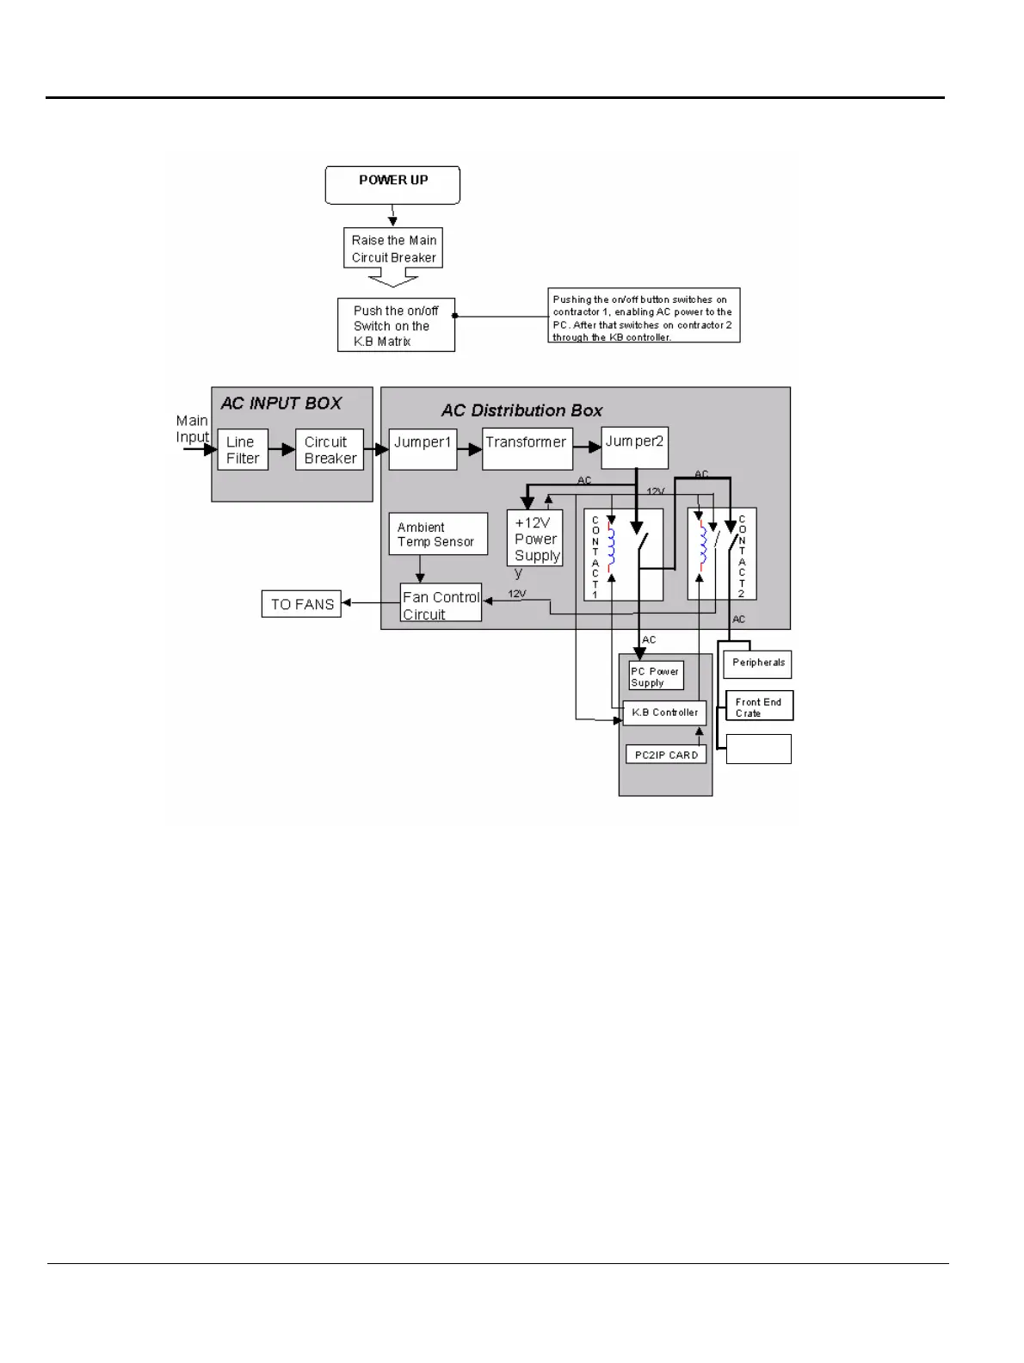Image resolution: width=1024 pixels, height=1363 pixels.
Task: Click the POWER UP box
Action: tap(392, 185)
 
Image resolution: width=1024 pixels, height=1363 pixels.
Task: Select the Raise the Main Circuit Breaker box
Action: tap(393, 249)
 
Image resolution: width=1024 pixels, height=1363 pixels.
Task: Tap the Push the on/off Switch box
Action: tap(396, 325)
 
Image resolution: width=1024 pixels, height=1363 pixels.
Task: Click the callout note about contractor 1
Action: tap(644, 316)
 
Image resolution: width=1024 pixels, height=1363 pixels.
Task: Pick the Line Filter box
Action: tap(243, 450)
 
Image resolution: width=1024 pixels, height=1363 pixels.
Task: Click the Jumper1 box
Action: tap(423, 448)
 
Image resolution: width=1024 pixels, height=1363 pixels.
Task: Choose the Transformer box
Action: tap(527, 448)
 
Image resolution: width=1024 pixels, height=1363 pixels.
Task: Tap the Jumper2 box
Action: tap(634, 447)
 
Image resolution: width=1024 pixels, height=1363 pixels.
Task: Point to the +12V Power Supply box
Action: tap(535, 539)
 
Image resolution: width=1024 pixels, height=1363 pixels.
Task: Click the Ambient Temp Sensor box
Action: tap(437, 534)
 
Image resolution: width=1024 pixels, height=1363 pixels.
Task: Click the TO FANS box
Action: tap(301, 604)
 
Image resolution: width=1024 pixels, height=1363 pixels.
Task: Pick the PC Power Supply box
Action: tap(656, 676)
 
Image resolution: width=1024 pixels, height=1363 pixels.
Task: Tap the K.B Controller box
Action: tap(664, 712)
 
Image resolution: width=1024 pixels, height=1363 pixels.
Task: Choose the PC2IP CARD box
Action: tap(666, 755)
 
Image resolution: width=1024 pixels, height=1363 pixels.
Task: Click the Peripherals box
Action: tap(757, 663)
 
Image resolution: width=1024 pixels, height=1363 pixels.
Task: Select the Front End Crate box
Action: tap(758, 706)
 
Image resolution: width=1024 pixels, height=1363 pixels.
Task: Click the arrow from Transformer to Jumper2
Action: tap(587, 447)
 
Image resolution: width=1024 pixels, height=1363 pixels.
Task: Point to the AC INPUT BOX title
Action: tap(281, 404)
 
